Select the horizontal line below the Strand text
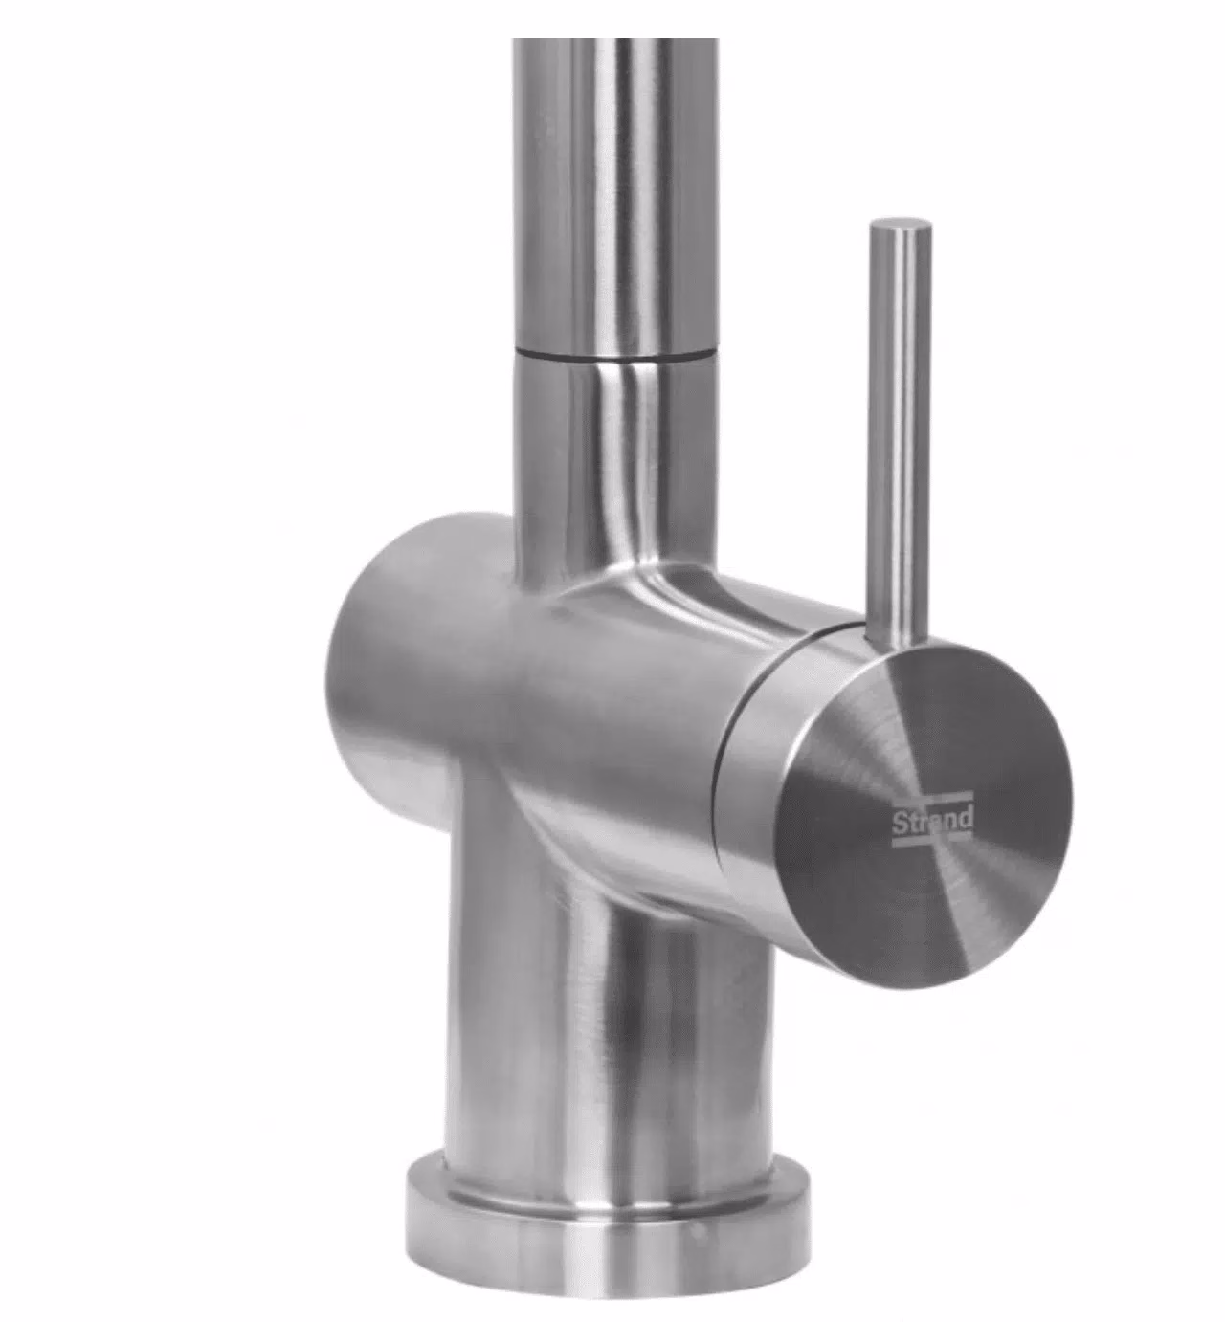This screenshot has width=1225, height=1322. (x=932, y=842)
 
